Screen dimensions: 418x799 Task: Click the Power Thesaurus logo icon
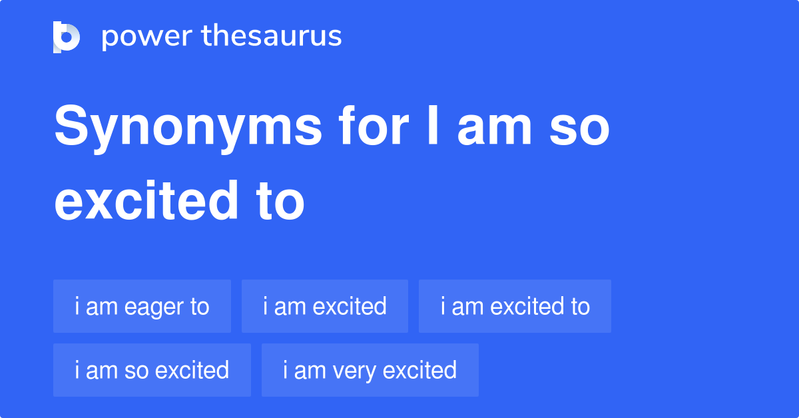[x=67, y=37]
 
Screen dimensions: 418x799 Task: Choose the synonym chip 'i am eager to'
[x=142, y=306]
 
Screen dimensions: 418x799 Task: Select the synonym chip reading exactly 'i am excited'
[x=324, y=306]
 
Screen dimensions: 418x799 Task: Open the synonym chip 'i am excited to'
[x=515, y=306]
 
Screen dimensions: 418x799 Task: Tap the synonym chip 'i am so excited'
[x=152, y=370]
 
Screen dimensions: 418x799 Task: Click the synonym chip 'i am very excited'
[x=370, y=370]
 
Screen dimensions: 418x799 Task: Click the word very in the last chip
[x=358, y=371]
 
